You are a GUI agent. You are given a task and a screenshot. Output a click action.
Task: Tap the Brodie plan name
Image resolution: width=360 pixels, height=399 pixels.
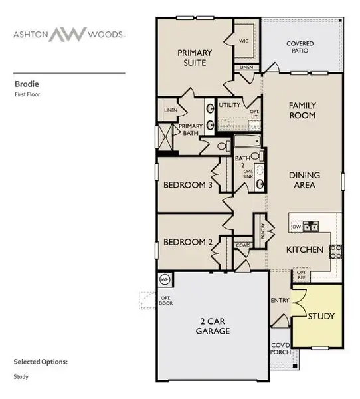[x=25, y=84]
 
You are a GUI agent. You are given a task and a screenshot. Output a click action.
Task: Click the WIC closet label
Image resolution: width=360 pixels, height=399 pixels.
[x=244, y=41]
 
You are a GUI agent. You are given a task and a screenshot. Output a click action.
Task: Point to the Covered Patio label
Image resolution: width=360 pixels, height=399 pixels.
[x=300, y=47]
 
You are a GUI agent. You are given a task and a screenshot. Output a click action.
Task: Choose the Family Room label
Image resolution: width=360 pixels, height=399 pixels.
[x=302, y=110]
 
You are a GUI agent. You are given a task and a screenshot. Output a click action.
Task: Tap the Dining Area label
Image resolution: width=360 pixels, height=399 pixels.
[x=305, y=180]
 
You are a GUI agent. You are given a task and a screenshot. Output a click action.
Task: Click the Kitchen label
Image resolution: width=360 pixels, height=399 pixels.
[x=304, y=250]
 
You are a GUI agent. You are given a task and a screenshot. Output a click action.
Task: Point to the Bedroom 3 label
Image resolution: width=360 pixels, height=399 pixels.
[x=188, y=185]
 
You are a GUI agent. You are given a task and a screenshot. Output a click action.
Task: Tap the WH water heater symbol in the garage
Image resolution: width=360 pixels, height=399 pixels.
[x=164, y=279]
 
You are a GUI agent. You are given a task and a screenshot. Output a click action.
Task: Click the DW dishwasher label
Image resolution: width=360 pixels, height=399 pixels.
[x=297, y=227]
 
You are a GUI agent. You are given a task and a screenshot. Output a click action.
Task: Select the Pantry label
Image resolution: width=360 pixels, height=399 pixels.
[x=264, y=231]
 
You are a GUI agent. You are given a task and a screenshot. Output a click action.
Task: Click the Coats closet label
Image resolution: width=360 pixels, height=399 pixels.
[x=243, y=245]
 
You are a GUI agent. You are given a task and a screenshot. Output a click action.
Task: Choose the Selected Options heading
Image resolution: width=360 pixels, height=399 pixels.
[x=41, y=362]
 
